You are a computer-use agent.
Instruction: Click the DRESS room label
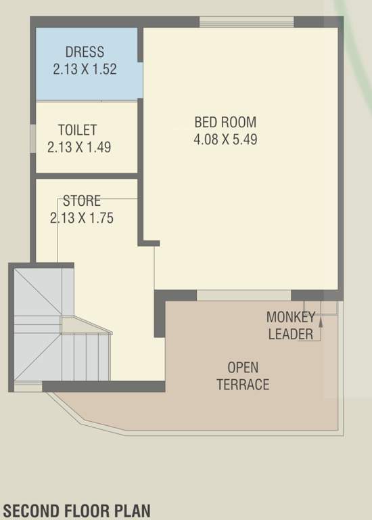[85, 51]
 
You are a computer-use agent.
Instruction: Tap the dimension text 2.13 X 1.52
[85, 68]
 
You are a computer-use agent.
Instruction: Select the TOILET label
[77, 129]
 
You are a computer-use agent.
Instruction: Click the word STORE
[82, 201]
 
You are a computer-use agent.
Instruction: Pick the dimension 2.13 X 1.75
[81, 218]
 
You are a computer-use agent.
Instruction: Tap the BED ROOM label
[225, 123]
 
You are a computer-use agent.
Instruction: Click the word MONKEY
[290, 317]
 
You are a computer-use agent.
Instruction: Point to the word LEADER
[290, 334]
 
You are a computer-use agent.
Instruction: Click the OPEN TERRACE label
[243, 376]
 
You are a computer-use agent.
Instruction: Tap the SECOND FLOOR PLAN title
[76, 510]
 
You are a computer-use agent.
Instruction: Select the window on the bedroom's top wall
[247, 22]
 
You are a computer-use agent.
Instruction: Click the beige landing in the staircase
[85, 326]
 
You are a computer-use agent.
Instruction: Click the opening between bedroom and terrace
[244, 295]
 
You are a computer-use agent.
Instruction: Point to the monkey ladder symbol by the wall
[321, 308]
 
